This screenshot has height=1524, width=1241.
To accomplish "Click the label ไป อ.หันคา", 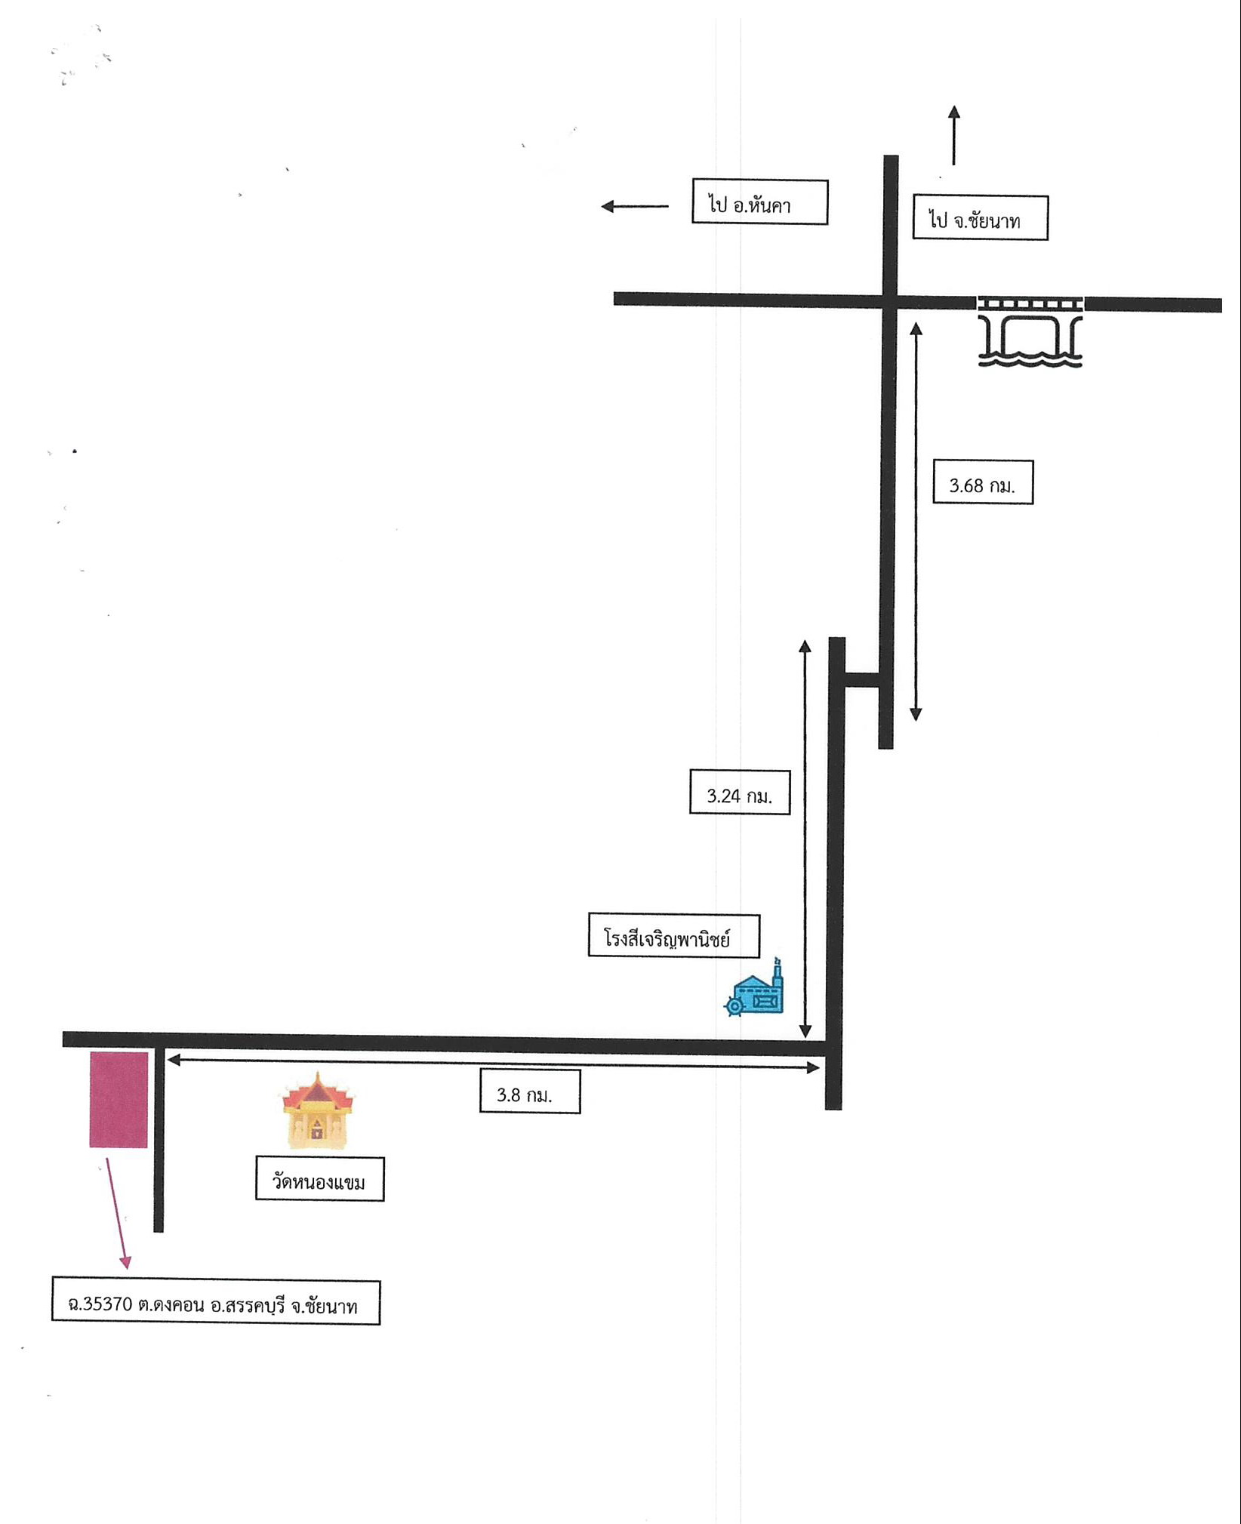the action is [x=759, y=202].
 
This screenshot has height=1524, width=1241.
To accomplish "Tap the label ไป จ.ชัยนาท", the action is [x=980, y=218].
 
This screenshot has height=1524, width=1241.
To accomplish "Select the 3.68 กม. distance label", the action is [x=982, y=482].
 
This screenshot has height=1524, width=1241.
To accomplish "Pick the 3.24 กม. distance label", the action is [x=740, y=793].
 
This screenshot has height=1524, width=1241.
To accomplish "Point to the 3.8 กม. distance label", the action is [x=530, y=1091].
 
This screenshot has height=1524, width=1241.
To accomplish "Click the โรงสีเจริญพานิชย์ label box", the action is [x=674, y=936].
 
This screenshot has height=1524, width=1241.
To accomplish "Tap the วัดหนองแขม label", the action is [x=320, y=1179].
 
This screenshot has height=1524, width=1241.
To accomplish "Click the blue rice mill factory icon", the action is [x=754, y=989].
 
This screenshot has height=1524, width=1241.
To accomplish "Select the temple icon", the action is [x=319, y=1111].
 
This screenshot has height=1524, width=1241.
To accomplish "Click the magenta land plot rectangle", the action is [x=119, y=1100].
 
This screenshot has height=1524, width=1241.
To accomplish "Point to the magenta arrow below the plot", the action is [x=117, y=1213].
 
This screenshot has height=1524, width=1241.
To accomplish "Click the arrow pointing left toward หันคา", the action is [x=635, y=206].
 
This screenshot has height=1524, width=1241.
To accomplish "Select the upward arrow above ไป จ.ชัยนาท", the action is [x=953, y=134].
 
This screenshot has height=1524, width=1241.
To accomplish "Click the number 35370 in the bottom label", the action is [x=106, y=1304].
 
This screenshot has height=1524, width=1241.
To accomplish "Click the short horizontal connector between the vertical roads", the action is [x=862, y=679].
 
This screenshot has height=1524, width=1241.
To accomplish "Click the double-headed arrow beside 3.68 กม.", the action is [x=916, y=522].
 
